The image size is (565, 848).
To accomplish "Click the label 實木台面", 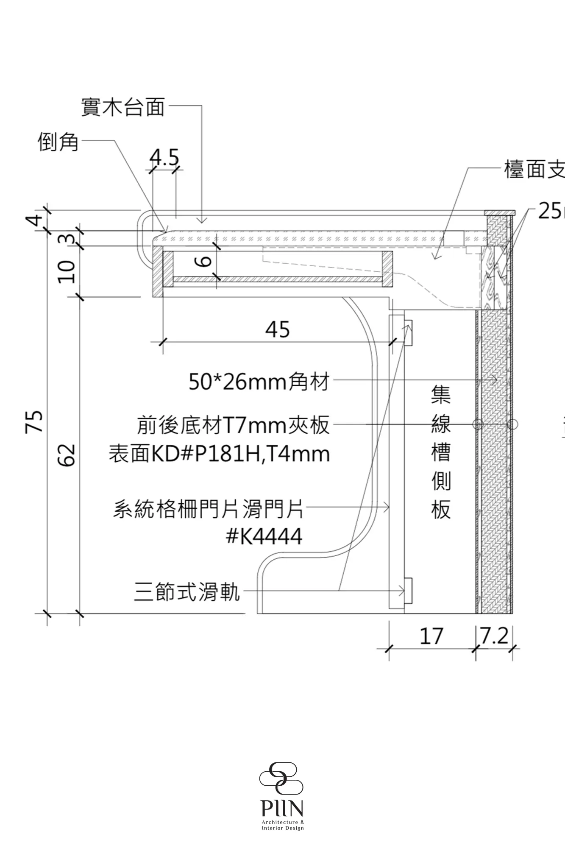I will pos(123,107).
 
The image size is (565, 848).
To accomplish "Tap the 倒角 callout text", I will pos(58,142).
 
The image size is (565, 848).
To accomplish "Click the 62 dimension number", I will pos(67,455).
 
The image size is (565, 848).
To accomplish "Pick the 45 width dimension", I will pos(278,329).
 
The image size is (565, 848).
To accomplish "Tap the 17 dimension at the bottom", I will pos(431,636).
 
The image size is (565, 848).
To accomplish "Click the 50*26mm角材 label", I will pos(259,382).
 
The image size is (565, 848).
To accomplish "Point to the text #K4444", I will pos(264,537).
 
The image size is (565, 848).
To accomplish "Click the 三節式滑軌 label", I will pos(187,592).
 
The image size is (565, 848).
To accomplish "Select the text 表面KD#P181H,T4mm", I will pos(219,454).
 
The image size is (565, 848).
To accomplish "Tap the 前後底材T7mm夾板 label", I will pos(233,425).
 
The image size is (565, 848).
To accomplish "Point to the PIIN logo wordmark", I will pos(282,809).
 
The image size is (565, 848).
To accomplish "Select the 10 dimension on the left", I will pos(67,272).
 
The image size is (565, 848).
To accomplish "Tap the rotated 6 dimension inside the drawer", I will pos(206,261).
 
